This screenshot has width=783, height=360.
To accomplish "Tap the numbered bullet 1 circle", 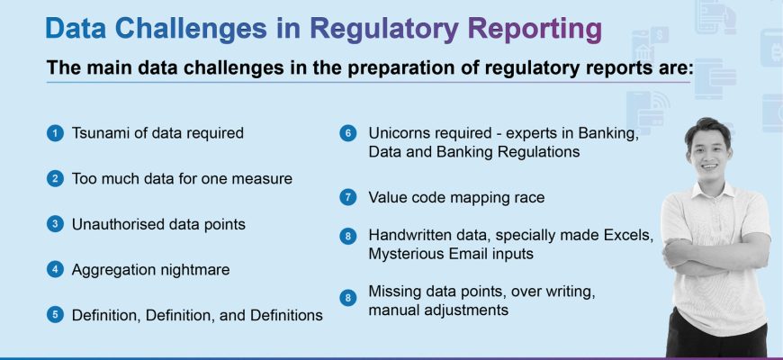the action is tap(56, 133).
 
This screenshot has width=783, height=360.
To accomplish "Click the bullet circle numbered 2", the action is tap(56, 179).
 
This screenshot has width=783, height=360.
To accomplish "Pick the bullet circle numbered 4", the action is tap(56, 270).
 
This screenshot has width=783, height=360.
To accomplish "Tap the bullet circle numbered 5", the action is tap(56, 315).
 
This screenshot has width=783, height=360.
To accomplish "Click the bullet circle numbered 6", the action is tap(348, 133).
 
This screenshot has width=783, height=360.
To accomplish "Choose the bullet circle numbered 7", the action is tap(348, 197).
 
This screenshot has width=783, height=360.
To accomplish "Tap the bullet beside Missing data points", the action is tap(348, 298).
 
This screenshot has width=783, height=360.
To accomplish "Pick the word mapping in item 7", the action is tap(468, 198).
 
